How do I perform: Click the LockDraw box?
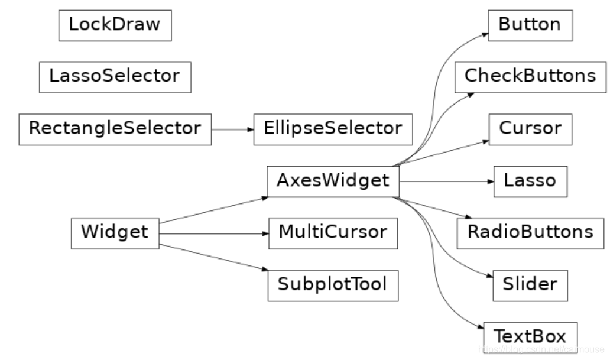(115, 25)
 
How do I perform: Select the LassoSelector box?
(115, 76)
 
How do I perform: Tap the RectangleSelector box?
(115, 128)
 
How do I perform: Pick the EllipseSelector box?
(333, 128)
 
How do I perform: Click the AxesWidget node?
(333, 180)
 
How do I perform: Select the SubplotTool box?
(333, 284)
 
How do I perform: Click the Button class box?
(530, 25)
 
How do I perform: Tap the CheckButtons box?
(530, 76)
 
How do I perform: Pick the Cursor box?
(530, 128)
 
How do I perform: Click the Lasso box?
(530, 180)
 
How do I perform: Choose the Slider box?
(530, 284)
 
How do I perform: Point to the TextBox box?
(530, 336)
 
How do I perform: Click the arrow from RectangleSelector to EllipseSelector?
(232, 128)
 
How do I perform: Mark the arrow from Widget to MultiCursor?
(213, 232)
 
